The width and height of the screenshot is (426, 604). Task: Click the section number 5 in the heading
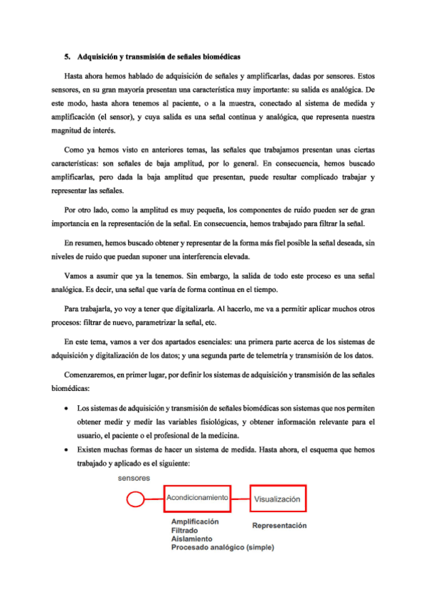tap(66, 56)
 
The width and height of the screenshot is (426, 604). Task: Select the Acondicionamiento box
tap(197, 499)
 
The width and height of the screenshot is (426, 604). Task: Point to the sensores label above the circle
tap(134, 479)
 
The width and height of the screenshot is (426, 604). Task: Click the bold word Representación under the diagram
tap(279, 526)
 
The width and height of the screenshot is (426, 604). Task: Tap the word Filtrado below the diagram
tap(185, 531)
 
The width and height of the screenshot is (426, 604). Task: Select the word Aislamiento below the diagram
tap(190, 539)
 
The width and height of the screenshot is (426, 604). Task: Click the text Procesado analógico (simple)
tap(222, 548)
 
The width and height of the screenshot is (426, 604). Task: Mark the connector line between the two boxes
tap(240, 499)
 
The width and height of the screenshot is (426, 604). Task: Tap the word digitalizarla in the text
tap(186, 311)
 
